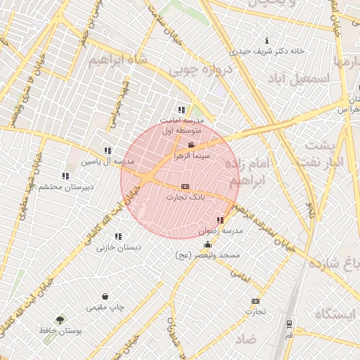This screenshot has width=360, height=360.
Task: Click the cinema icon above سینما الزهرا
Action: pos(191,146)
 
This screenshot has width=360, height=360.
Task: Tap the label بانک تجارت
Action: pos(185,198)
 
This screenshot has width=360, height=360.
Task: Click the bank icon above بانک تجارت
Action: pos(185,186)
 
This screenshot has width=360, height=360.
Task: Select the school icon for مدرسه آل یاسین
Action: pos(108,150)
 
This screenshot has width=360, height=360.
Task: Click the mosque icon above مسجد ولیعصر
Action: pos(207,245)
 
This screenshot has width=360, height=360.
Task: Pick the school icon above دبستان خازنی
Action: pos(117,236)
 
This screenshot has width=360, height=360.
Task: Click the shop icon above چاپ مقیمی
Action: pos(105,297)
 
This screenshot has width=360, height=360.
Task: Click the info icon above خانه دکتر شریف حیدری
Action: pos(266,40)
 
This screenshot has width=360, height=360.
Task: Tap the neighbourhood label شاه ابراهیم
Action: pos(119,61)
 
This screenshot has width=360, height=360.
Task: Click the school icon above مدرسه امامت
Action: pos(181,110)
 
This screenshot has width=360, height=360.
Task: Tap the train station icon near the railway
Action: pos(289,324)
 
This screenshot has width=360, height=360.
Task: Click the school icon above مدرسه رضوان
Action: pos(221,220)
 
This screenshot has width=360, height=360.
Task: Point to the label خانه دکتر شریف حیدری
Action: pos(270,51)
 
